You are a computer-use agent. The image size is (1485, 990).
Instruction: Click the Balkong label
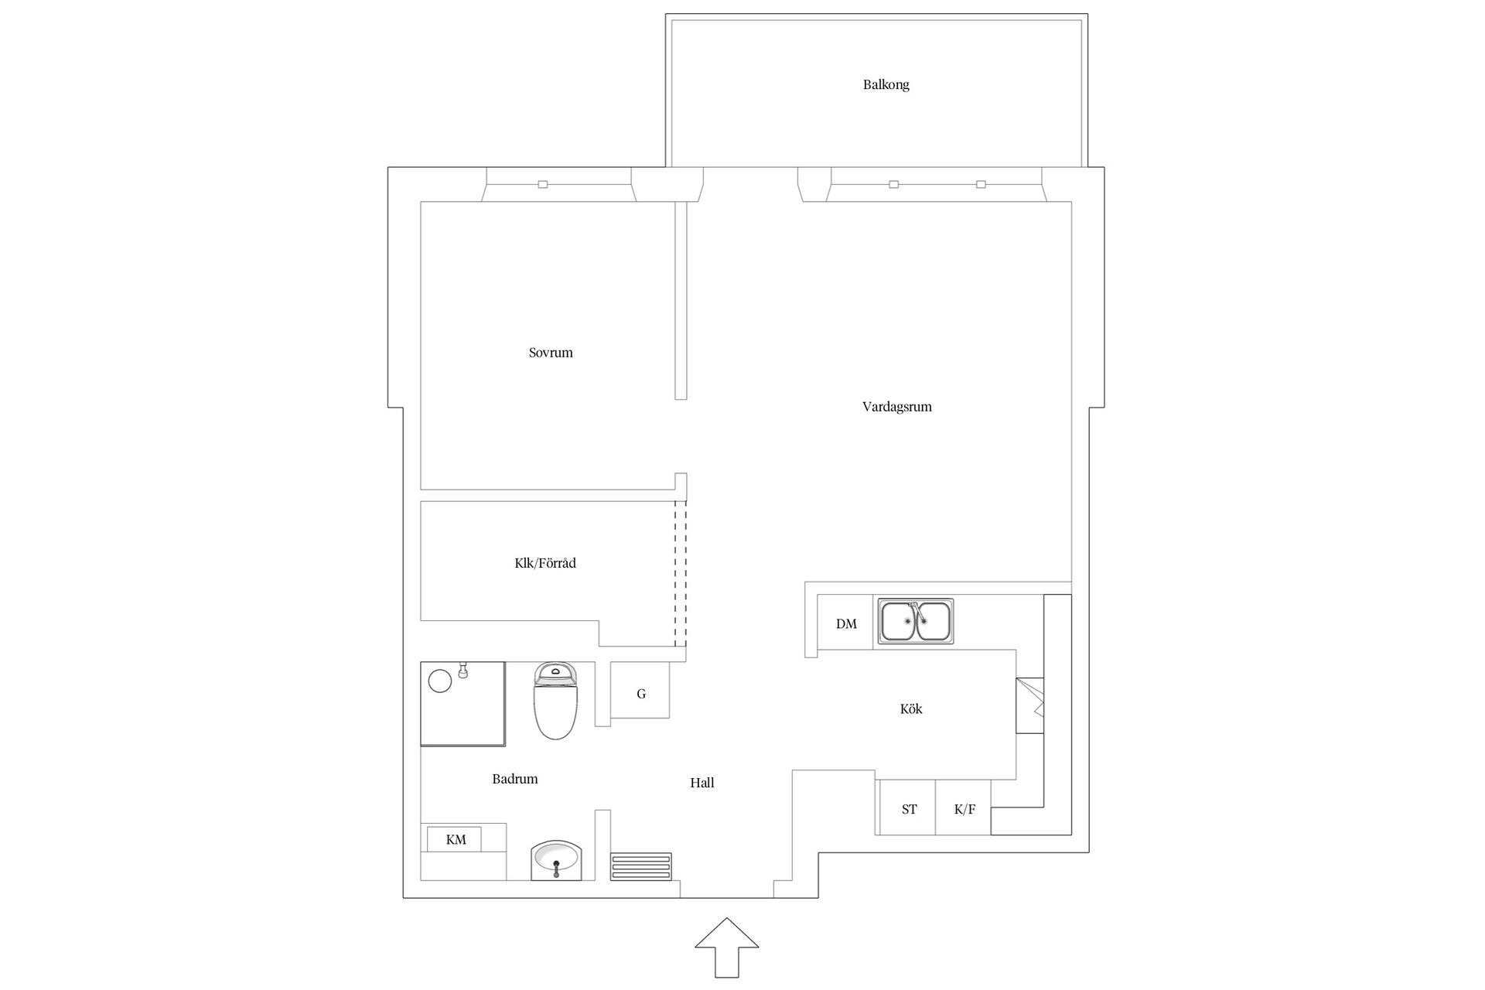click(x=886, y=85)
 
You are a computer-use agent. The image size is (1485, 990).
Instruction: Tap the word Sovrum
click(x=551, y=353)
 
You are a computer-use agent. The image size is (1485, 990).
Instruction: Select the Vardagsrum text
click(x=897, y=407)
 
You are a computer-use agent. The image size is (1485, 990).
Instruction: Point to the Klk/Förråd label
click(x=545, y=563)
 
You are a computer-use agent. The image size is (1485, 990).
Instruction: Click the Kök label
click(x=911, y=708)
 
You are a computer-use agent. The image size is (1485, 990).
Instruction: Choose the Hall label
click(x=702, y=783)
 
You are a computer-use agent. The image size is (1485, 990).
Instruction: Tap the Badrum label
click(x=515, y=779)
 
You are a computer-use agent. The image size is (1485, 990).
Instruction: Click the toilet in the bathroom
click(x=555, y=701)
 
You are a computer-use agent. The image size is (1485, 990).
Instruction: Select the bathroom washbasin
click(x=556, y=860)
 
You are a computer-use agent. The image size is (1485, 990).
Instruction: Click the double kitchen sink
click(x=916, y=621)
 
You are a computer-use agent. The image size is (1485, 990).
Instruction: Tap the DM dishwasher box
click(x=845, y=623)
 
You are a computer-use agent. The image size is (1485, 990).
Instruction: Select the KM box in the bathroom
click(x=456, y=839)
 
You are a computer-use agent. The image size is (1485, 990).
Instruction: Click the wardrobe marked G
click(x=640, y=690)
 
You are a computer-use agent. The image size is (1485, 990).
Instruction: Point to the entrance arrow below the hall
click(x=726, y=947)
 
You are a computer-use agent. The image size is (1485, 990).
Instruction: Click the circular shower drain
click(x=440, y=681)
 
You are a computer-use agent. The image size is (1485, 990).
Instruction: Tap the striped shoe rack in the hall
click(x=641, y=866)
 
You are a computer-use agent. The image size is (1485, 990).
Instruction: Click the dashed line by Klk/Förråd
click(x=680, y=573)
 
